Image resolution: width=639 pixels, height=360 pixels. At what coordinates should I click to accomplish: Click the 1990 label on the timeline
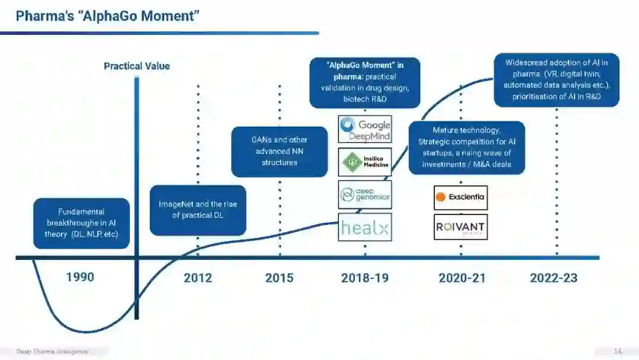80,277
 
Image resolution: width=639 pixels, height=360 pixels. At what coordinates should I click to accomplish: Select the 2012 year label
198,278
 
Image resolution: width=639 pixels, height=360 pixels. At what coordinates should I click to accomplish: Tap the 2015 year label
279,278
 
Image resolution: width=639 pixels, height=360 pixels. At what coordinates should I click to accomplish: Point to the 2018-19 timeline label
365,278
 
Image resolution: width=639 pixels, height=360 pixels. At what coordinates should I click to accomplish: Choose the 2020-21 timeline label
462,278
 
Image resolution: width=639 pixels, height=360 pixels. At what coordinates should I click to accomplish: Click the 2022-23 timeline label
554,278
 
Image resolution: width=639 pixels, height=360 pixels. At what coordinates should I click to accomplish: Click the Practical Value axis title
137,66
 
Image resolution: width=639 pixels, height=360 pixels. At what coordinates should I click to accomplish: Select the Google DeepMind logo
365,130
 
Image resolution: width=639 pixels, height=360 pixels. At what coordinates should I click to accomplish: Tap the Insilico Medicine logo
365,162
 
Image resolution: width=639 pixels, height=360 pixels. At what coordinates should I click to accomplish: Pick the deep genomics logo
365,194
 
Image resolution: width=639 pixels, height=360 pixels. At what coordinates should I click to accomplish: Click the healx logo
365,227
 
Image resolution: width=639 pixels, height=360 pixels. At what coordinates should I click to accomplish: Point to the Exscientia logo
460,197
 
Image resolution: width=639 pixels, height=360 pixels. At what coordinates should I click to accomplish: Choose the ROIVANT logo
460,227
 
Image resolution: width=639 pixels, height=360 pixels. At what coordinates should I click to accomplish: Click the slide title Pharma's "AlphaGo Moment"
107,16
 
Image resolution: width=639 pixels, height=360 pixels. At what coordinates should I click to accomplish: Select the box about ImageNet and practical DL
198,210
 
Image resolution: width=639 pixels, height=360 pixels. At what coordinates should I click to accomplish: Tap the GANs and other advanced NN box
279,151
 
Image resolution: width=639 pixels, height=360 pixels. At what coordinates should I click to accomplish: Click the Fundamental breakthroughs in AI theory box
82,223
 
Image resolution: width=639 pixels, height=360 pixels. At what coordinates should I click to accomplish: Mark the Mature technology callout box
466,147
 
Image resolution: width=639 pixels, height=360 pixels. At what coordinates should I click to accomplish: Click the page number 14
618,352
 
